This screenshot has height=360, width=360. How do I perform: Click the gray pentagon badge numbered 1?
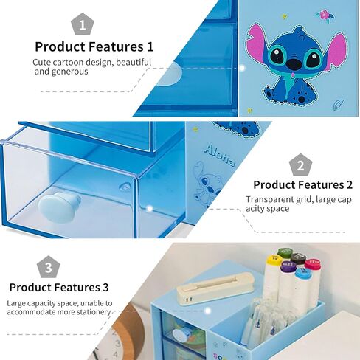(x=83, y=24)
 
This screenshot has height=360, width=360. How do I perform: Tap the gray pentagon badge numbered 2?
(x=300, y=165)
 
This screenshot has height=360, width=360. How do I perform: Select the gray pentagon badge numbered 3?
(x=49, y=267)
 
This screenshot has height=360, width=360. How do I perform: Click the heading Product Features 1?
(x=94, y=46)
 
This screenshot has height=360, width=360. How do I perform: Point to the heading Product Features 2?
(x=302, y=185)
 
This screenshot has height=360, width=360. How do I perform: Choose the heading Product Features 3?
(x=59, y=288)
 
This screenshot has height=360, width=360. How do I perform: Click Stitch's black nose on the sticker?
(x=294, y=63)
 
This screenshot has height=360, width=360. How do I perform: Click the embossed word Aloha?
(x=219, y=156)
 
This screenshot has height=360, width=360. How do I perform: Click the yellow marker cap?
(x=274, y=261)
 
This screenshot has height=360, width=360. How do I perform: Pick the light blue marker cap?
(x=303, y=274)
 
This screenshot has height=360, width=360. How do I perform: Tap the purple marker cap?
(x=288, y=267)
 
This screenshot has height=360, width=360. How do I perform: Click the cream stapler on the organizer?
(x=215, y=288)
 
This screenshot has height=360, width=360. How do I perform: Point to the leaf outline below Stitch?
(x=339, y=105)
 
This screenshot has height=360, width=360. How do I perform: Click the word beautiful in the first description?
(x=134, y=63)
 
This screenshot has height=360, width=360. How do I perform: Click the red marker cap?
(x=313, y=264)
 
